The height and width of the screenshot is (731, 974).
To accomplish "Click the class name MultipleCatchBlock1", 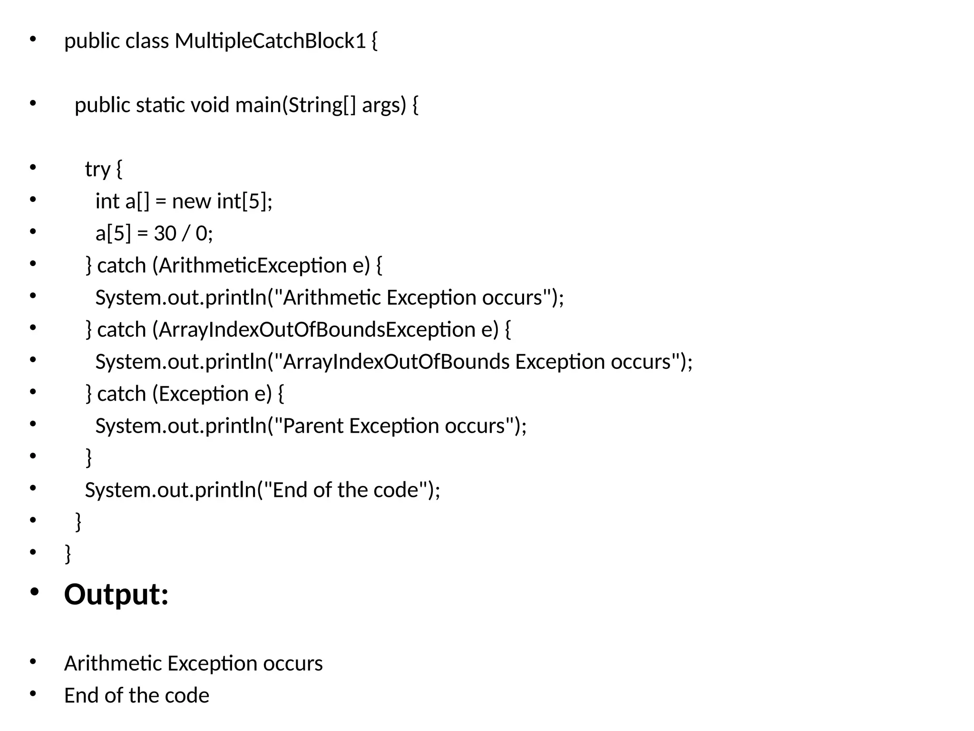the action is click(x=270, y=41).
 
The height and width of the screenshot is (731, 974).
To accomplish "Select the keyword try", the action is click(x=97, y=169).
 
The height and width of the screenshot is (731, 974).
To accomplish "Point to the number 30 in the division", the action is click(x=165, y=234).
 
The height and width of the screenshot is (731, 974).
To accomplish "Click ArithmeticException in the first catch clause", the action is click(x=253, y=266).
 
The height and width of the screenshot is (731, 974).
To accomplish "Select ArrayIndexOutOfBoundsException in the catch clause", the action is click(x=316, y=330).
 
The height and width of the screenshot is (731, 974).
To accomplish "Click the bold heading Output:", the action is click(x=117, y=594).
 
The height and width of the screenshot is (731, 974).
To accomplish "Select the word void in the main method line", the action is click(x=210, y=105).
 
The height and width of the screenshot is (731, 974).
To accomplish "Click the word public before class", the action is click(x=92, y=41).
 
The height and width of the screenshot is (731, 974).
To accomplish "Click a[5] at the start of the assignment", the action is click(x=113, y=234).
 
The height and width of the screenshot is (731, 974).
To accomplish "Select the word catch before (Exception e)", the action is click(x=121, y=394).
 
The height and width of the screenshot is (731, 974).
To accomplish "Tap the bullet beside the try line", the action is click(x=33, y=168).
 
